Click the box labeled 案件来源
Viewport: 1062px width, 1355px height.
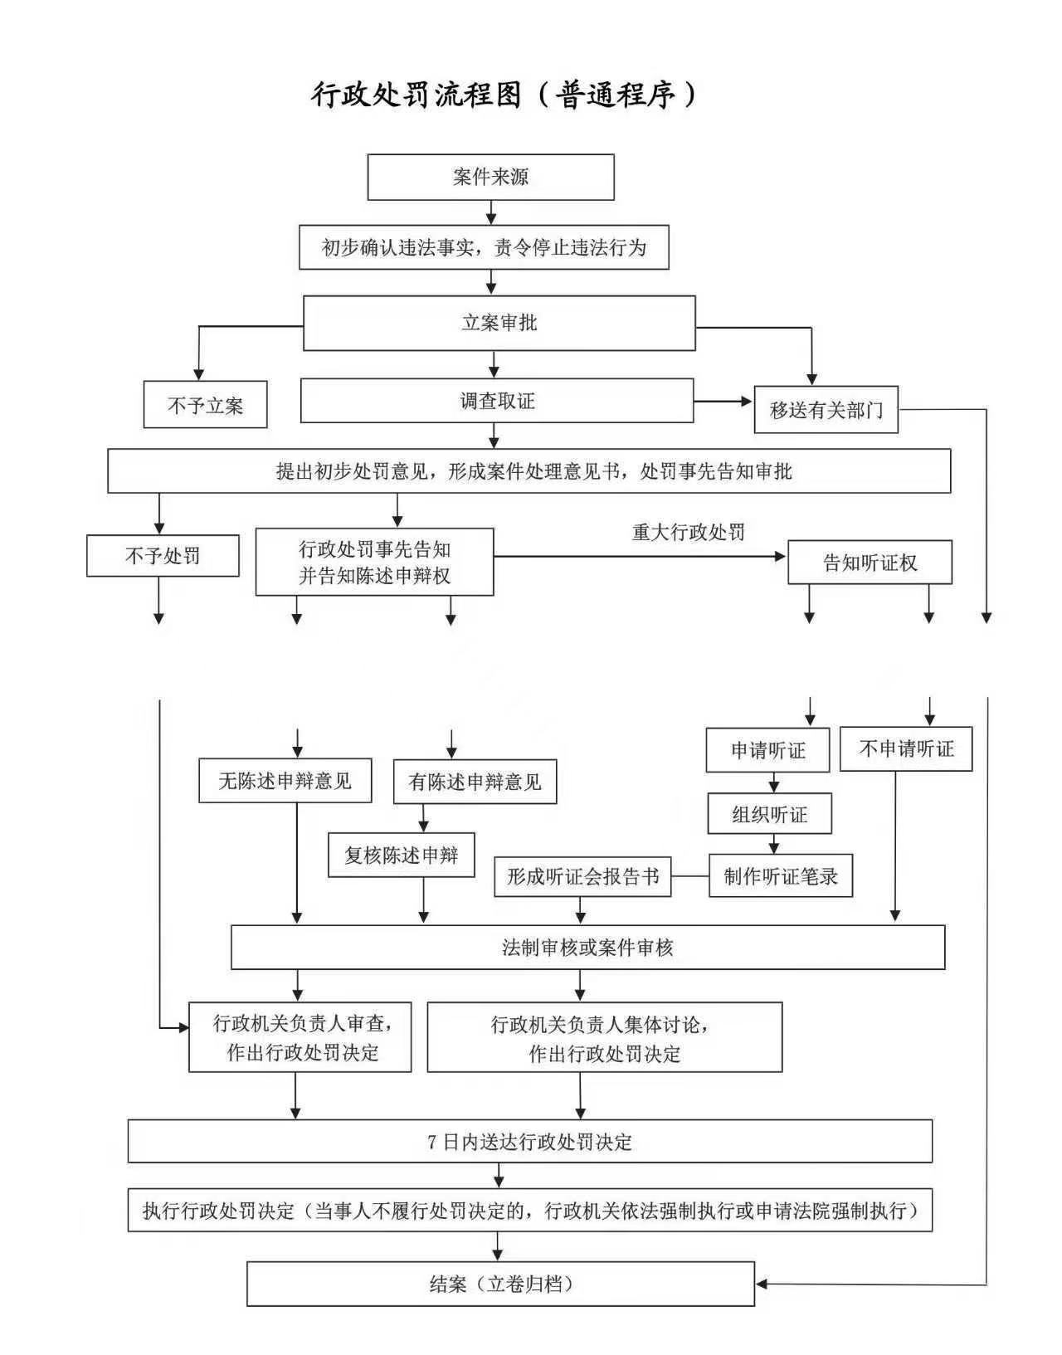(x=490, y=177)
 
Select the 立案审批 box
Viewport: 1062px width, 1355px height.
(x=499, y=323)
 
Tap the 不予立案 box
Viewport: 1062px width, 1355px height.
(x=205, y=405)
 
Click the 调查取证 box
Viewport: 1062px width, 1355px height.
(x=496, y=402)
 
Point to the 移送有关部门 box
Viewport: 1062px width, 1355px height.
(x=826, y=410)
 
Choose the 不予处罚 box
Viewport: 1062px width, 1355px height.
(x=163, y=556)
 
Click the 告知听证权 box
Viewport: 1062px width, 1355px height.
(x=870, y=563)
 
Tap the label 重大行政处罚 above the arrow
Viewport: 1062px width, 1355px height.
(x=689, y=532)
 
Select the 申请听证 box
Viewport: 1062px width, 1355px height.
(x=767, y=751)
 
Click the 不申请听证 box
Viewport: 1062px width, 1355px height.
(x=905, y=749)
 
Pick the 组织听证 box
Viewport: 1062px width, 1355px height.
(x=769, y=814)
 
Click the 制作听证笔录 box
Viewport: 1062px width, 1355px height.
(x=780, y=876)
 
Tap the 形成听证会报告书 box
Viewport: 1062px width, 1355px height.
(x=582, y=876)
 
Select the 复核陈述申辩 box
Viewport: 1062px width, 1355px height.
(x=401, y=855)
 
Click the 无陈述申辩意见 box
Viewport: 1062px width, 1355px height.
(x=285, y=781)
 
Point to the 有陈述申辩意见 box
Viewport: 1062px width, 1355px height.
(x=475, y=782)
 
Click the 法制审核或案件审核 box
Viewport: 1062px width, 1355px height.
(x=587, y=948)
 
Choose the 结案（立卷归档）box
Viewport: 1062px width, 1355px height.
(x=500, y=1284)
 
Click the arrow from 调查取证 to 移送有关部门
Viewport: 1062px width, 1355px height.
(x=723, y=402)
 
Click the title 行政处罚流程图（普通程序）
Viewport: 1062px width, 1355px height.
(x=504, y=95)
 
